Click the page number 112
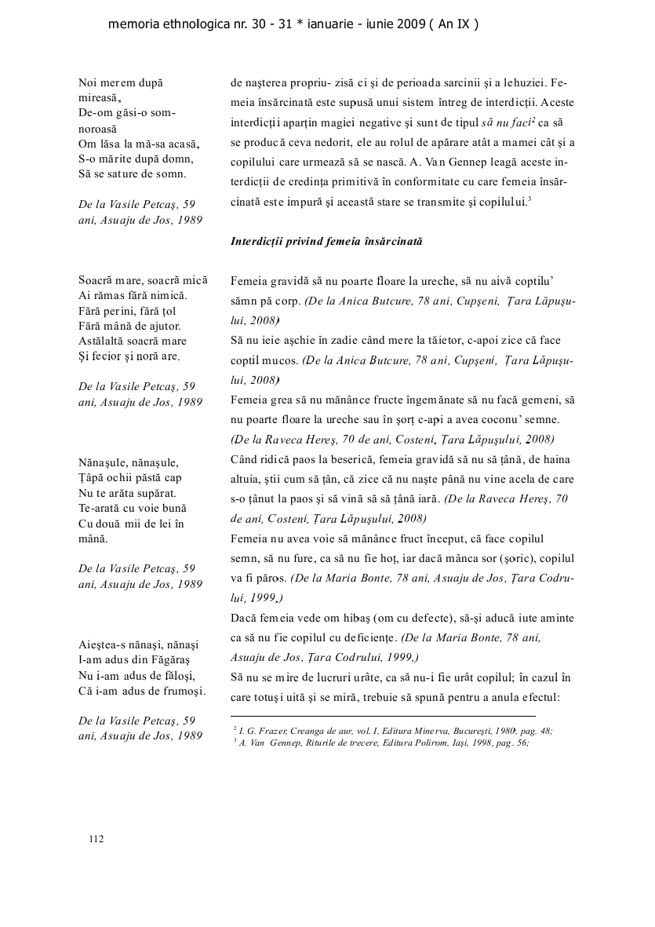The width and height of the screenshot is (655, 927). (x=96, y=839)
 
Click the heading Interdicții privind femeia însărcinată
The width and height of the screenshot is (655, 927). (x=326, y=241)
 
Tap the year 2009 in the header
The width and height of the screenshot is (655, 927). (x=409, y=24)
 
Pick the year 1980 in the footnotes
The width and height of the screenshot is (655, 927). (x=512, y=730)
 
